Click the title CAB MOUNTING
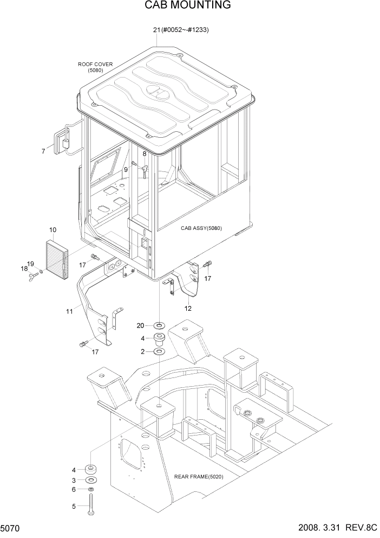187,5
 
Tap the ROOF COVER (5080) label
95,67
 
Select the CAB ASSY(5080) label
201,228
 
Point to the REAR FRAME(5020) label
199,477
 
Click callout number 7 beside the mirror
43,151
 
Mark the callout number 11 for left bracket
69,311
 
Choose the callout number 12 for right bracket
188,309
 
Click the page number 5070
11,528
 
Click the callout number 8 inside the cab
145,154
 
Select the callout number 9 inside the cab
126,170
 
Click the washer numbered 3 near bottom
91,480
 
